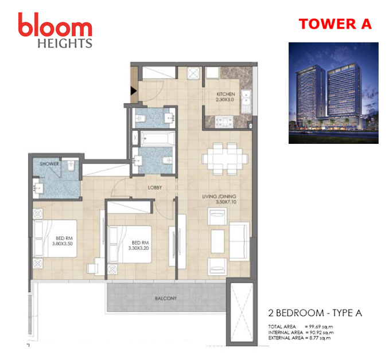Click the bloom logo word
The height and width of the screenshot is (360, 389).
pos(55,25)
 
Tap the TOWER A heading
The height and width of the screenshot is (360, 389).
pos(335,24)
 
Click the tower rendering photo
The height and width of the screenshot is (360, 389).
pos(333,93)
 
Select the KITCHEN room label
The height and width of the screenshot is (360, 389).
pos(225,94)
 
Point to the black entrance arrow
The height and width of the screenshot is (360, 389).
pos(134,91)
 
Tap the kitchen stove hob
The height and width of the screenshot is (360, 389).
pos(224,122)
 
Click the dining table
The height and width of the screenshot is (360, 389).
pos(225,159)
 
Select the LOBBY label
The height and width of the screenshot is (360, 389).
pos(155,187)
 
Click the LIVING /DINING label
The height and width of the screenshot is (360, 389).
pos(219,197)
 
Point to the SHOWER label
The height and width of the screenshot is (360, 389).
pos(49,164)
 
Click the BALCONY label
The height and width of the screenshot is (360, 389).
pos(166,298)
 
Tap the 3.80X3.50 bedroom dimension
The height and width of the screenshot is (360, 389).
pos(63,244)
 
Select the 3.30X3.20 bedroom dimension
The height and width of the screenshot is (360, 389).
pos(138,248)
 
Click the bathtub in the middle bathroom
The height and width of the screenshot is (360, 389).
pos(158,138)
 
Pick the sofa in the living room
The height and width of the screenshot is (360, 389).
pos(239,241)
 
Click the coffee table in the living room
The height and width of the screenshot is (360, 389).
pos(217,241)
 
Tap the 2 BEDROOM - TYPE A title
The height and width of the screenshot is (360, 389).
pos(315,313)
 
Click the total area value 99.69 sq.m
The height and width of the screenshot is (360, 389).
pos(321,327)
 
